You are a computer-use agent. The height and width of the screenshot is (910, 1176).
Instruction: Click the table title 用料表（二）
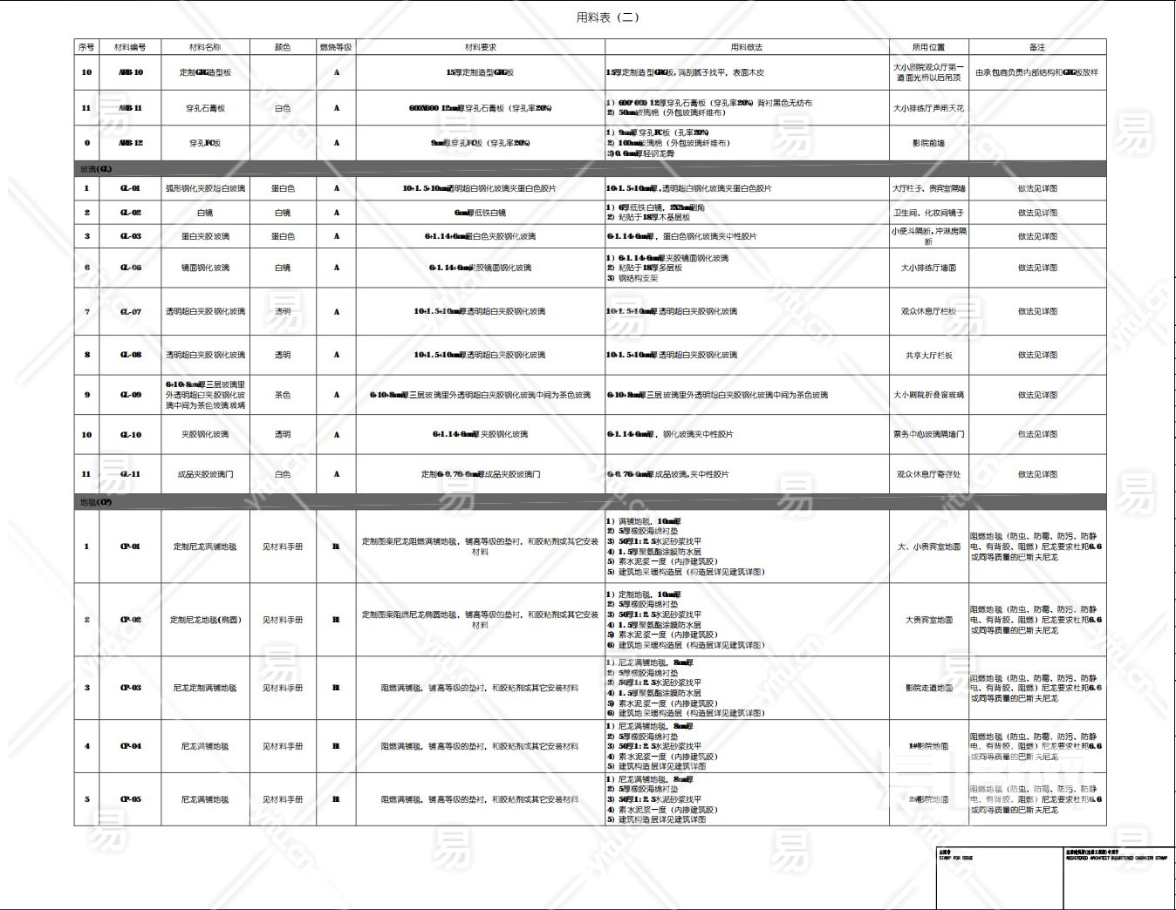(607, 17)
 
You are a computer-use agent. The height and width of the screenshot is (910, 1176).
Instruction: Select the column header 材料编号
(130, 47)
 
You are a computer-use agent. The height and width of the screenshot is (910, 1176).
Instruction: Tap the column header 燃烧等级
(336, 47)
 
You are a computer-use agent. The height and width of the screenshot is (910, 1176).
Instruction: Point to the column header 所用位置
(928, 47)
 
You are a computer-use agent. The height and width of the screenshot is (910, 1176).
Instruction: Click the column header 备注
(1036, 47)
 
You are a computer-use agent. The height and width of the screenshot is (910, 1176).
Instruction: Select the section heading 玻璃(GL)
(95, 169)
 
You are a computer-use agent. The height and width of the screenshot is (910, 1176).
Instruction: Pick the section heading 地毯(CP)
(95, 502)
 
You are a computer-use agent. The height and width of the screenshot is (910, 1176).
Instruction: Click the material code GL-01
(130, 188)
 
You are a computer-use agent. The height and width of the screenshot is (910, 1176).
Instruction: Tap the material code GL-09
(130, 395)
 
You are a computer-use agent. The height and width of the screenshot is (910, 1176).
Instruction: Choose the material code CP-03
(130, 688)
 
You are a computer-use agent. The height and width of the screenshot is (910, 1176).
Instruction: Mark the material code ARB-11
(130, 108)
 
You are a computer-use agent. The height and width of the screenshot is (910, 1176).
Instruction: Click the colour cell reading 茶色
(283, 395)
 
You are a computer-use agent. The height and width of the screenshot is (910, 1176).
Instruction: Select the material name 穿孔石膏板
(205, 108)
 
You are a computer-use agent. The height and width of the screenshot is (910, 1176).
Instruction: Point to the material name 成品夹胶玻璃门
(205, 474)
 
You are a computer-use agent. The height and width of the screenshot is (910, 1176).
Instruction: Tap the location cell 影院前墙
(928, 143)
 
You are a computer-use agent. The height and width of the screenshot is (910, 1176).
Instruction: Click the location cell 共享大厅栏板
(928, 355)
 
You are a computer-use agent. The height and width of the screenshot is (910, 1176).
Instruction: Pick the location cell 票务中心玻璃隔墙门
(928, 434)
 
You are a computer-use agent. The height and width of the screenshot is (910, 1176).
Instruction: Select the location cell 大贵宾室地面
(928, 620)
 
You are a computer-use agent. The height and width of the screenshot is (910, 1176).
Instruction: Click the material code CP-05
(130, 799)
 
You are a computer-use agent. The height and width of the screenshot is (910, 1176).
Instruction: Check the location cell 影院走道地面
(928, 688)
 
